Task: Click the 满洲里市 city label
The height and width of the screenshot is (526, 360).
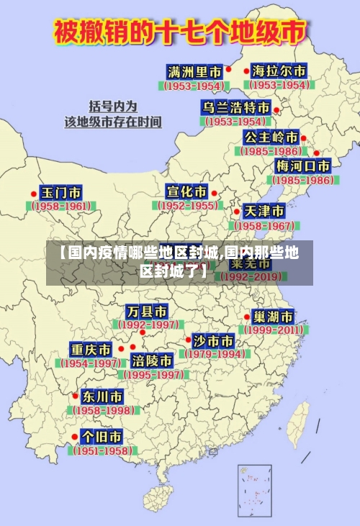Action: [194, 71]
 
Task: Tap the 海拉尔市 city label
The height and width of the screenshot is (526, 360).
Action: [279, 71]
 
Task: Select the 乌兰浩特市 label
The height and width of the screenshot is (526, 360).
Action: [235, 107]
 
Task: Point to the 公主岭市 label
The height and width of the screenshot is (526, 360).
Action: [271, 137]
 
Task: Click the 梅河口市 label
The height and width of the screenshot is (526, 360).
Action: [303, 165]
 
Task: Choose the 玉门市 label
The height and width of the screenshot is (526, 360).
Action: [60, 193]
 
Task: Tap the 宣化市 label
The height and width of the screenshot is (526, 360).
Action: [186, 191]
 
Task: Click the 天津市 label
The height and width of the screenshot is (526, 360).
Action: [264, 211]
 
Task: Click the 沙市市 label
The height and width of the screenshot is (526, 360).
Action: [214, 340]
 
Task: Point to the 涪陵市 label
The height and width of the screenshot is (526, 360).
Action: [152, 360]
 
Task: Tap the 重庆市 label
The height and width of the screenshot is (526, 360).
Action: [91, 350]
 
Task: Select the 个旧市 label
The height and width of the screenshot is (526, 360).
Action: [102, 436]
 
